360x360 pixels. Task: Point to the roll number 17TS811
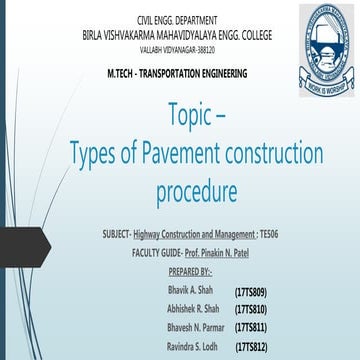click(251, 328)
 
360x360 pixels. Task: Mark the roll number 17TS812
click(251, 347)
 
